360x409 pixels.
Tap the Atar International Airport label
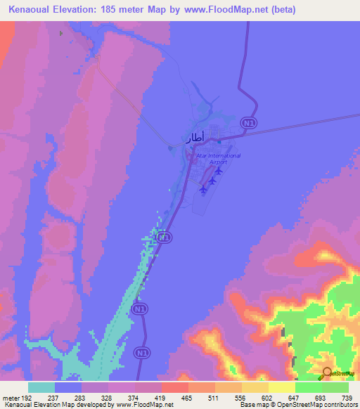(219, 158)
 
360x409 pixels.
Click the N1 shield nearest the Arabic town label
(247, 123)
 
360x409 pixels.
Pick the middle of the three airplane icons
(212, 180)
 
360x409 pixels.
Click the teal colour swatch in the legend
(41, 387)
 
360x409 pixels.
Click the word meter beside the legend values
(10, 397)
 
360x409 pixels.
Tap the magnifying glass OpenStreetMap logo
(327, 372)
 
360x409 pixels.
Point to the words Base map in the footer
(252, 405)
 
